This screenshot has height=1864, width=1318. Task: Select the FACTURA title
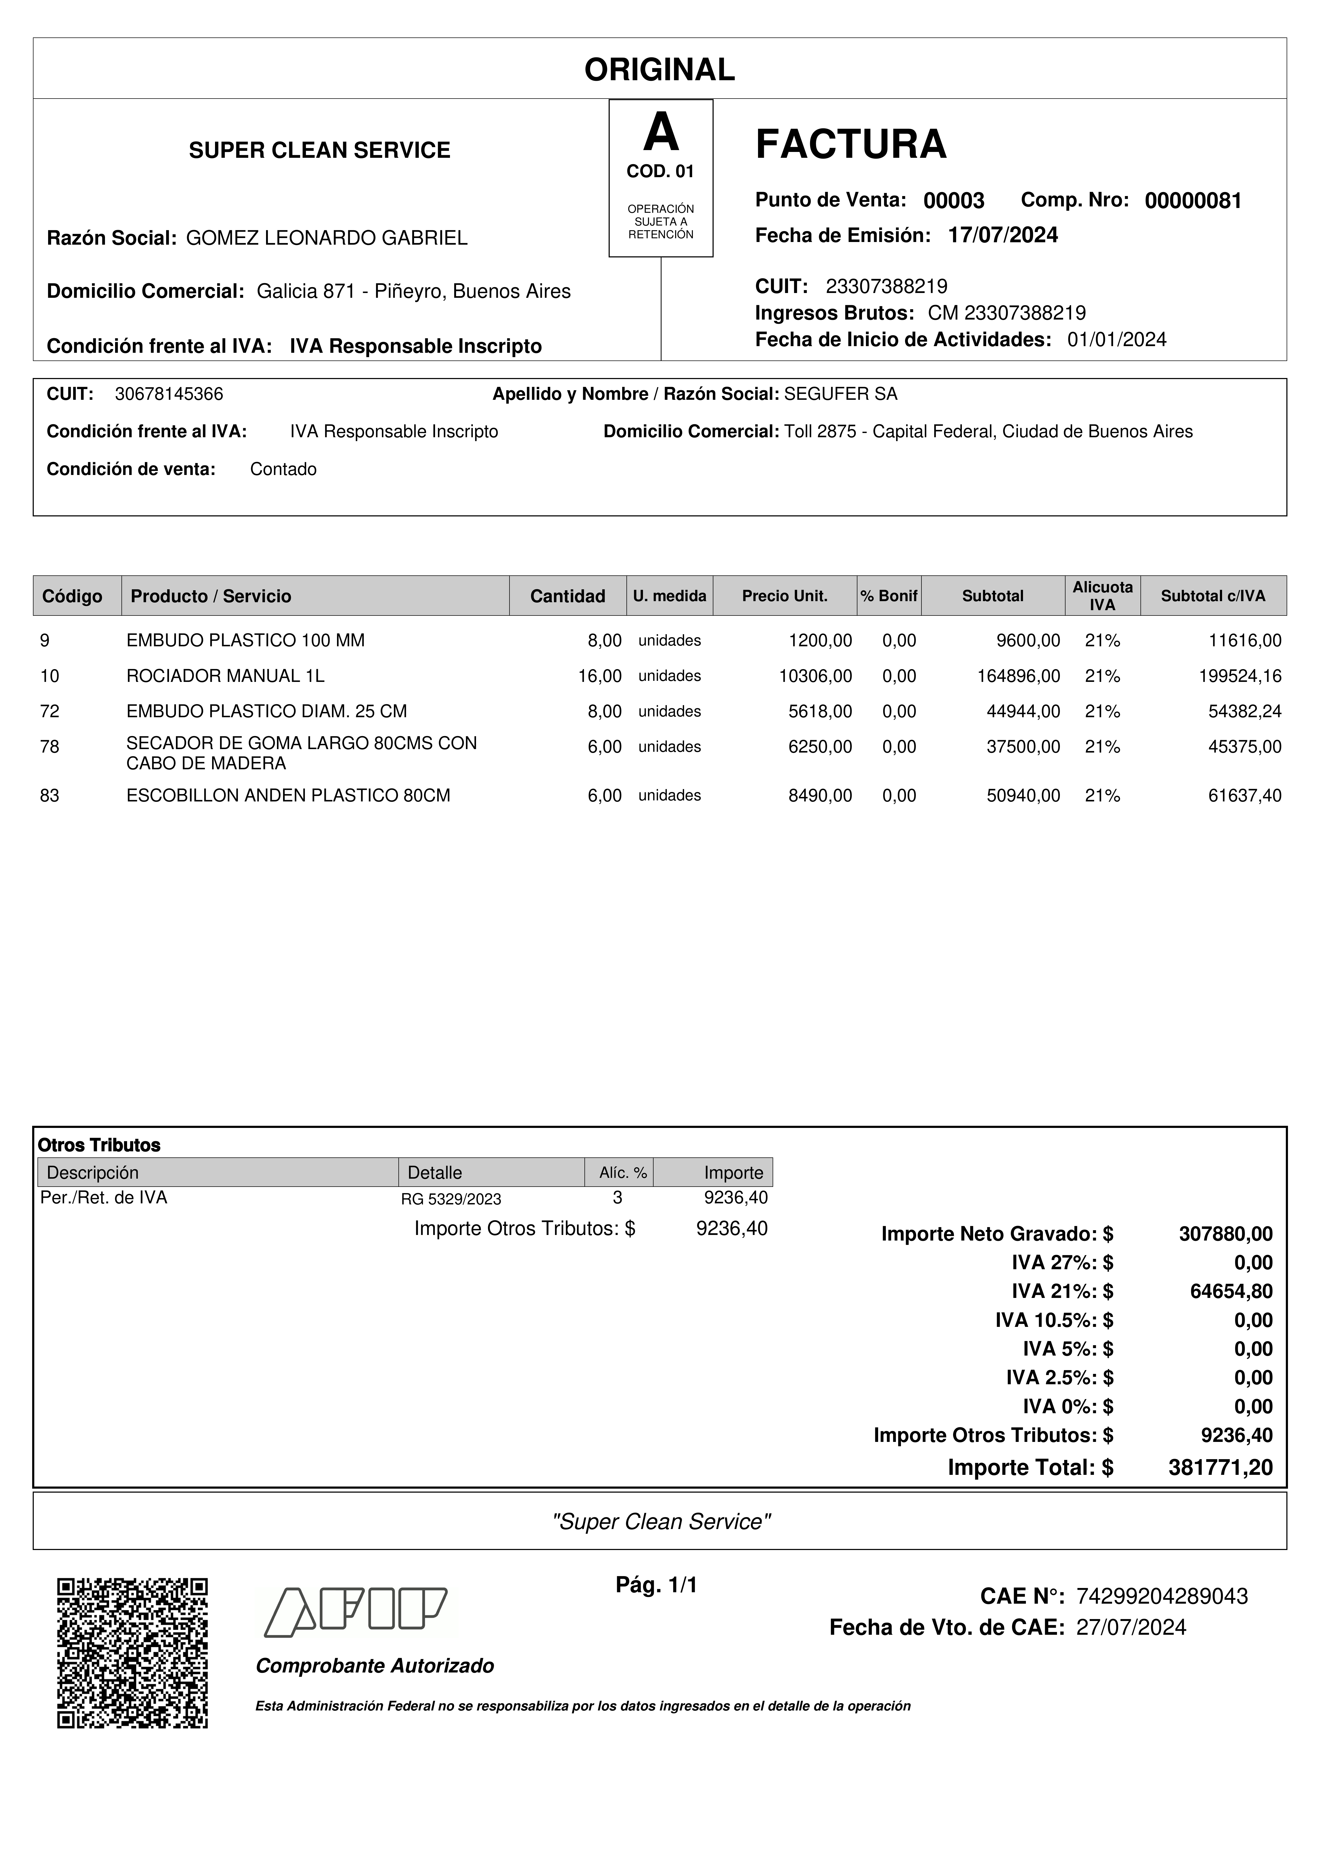(850, 145)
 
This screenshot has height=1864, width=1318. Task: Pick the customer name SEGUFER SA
(840, 394)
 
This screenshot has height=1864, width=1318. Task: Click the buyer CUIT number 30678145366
(169, 394)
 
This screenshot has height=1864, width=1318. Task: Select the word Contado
(283, 469)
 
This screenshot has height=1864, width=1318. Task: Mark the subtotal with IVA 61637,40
(1244, 796)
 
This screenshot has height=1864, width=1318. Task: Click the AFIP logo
(356, 1612)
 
